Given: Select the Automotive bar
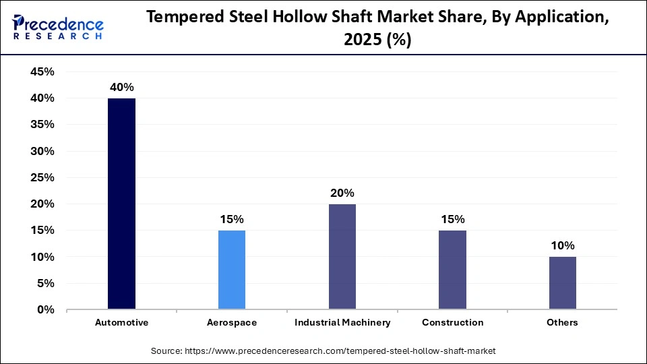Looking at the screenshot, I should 121,204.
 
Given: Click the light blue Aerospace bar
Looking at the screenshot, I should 232,270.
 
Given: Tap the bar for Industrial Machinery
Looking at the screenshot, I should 342,257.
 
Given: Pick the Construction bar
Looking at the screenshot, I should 452,270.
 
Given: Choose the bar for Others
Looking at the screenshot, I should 562,283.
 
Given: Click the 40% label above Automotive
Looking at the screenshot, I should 122,88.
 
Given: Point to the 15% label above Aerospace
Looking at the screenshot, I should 232,220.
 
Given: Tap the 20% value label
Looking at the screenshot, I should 342,193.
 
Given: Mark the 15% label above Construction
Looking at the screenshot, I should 452,220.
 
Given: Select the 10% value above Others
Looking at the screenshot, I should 562,246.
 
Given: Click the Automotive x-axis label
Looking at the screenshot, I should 121,323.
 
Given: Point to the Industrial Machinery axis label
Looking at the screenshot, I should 342,323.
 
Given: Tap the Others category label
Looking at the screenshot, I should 562,323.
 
